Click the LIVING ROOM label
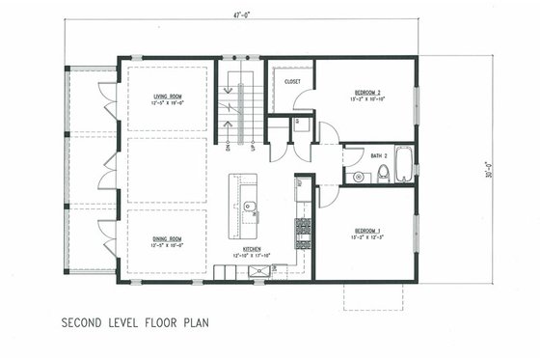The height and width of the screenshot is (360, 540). point(168,97)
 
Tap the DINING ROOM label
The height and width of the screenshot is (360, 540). point(167,238)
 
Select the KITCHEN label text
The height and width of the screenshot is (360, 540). point(253,249)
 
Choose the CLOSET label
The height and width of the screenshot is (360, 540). point(292,82)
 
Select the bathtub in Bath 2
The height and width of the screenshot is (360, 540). point(404,163)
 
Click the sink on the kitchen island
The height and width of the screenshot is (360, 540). point(249,207)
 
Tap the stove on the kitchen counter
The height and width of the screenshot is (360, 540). point(303,229)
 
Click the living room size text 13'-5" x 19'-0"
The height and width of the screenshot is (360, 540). point(168,103)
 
